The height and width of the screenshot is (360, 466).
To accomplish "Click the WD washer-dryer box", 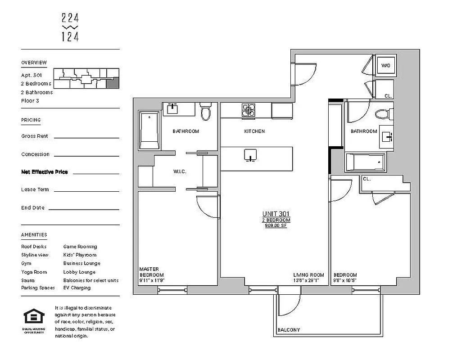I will point(386,66).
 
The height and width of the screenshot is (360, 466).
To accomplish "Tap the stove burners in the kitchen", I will point(249,110).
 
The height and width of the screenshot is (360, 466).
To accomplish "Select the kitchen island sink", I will point(250,155).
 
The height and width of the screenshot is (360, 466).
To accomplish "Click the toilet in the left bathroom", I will point(206,112).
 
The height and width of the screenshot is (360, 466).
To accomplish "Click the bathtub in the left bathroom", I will point(149,130).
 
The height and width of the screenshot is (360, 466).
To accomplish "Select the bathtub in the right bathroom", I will point(365,162).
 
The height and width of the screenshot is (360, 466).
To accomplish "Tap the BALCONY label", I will point(289,330).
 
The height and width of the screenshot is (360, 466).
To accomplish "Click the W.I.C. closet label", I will point(180,172).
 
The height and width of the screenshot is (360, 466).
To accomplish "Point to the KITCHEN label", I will point(254,131).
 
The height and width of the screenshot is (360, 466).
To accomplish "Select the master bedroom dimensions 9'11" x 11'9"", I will point(151,280).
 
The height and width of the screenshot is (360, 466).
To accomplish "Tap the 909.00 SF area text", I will point(276,225).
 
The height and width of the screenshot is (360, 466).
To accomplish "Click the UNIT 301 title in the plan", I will point(276,214).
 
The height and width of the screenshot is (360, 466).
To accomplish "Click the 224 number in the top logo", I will point(70,18).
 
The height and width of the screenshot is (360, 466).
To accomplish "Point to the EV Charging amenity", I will point(77,288).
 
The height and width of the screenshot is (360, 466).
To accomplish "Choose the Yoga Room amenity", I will point(34,272).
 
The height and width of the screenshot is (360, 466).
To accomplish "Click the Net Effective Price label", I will point(44,172).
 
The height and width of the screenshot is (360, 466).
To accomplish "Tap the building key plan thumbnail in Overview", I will point(86,79).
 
